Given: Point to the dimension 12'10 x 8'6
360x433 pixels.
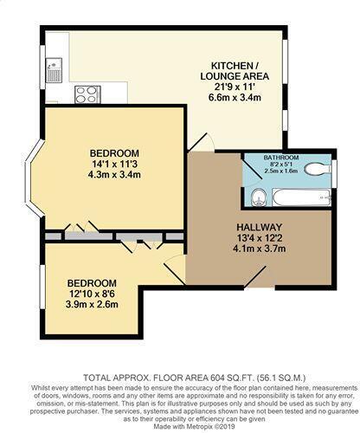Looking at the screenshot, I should click(x=92, y=294).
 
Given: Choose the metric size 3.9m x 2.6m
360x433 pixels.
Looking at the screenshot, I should click(x=92, y=305).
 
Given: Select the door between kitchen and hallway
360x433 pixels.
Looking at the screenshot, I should click(x=199, y=141).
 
